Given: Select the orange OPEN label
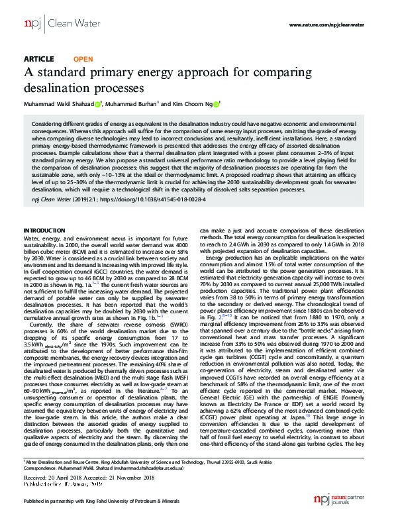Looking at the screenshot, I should [82, 58].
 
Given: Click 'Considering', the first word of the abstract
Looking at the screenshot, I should [47, 124].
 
